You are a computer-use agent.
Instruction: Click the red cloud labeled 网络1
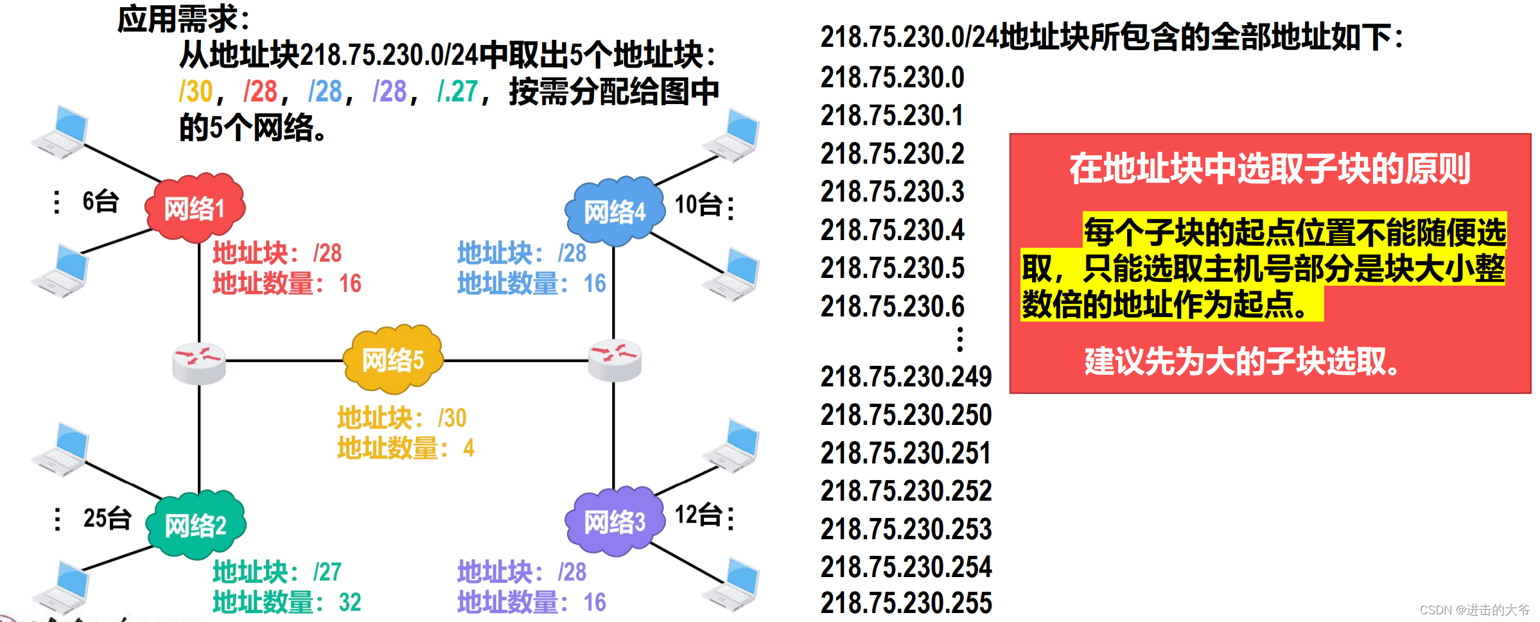pyautogui.click(x=195, y=208)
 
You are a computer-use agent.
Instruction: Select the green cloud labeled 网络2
pyautogui.click(x=196, y=525)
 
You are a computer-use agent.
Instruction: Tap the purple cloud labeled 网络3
pyautogui.click(x=614, y=522)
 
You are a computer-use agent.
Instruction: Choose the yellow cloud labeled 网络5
pyautogui.click(x=393, y=359)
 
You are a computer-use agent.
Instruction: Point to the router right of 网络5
pyautogui.click(x=615, y=359)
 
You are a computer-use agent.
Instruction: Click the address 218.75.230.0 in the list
pyautogui.click(x=892, y=78)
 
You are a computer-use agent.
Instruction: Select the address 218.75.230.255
pyautogui.click(x=906, y=603)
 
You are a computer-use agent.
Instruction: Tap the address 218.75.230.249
pyautogui.click(x=906, y=377)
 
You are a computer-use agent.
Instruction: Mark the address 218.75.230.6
pyautogui.click(x=892, y=306)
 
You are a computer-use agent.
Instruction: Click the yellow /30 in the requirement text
pyautogui.click(x=196, y=92)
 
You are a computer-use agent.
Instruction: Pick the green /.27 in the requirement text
pyautogui.click(x=457, y=92)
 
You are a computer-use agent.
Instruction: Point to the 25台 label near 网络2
pyautogui.click(x=107, y=518)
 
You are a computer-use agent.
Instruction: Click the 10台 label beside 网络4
pyautogui.click(x=698, y=205)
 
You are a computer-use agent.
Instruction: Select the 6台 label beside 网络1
pyautogui.click(x=101, y=202)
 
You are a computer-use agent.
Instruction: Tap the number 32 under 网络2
pyautogui.click(x=350, y=602)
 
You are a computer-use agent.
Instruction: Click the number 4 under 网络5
pyautogui.click(x=469, y=447)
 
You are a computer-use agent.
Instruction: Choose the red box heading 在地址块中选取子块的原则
pyautogui.click(x=1269, y=169)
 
